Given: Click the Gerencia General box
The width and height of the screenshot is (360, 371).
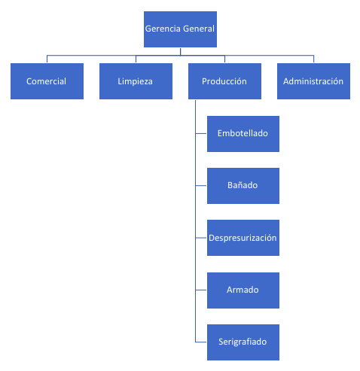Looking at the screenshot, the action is coord(180,29).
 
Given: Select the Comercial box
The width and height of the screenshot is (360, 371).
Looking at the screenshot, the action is coord(47,81).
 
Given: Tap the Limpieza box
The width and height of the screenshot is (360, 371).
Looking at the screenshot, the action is coord(136,81).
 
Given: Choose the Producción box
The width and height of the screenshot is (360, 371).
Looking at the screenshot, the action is coord(224,81).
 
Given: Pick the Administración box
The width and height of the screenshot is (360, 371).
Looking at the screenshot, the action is coord(313,81).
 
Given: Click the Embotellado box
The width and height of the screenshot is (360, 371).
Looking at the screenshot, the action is coord(243,134).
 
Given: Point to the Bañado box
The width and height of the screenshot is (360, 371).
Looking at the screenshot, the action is coord(243,186).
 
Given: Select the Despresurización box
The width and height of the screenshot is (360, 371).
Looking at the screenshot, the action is coord(243,238).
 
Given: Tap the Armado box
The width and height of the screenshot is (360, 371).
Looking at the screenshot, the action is coord(243,290).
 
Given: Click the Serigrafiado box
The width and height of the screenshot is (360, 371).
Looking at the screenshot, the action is coord(243,342).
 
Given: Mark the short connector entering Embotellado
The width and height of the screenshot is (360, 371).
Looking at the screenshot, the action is coord(201,133).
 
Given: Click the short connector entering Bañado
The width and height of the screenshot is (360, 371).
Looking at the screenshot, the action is coord(201,185).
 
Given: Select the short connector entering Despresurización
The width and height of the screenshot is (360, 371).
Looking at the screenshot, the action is coord(201,238).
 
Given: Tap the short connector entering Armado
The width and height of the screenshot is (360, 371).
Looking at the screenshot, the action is coord(201,290).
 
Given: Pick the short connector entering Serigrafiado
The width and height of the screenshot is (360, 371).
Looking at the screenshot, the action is coord(201,342).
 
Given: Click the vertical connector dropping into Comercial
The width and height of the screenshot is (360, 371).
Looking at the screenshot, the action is coord(47,59).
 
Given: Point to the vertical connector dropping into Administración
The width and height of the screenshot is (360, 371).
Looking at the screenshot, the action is coord(313,59).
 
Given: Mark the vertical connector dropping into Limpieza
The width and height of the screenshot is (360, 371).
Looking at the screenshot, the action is coord(136,59).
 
